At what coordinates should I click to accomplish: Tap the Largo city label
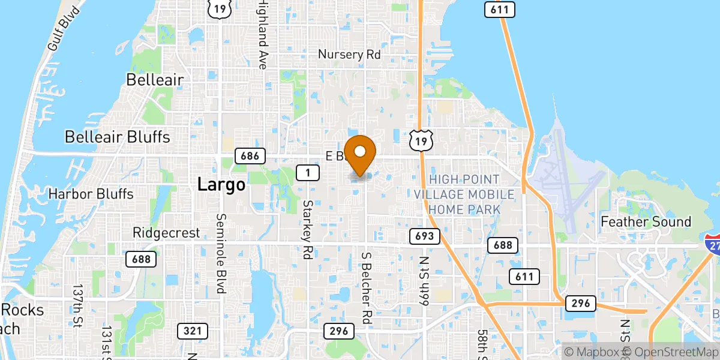click(x=221, y=185)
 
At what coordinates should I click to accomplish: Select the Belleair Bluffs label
click(x=117, y=137)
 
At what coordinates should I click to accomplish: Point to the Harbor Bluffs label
click(x=91, y=194)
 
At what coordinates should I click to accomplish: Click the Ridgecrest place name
click(x=166, y=233)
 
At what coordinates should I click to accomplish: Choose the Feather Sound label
click(x=646, y=222)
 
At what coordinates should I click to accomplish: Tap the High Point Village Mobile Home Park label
click(x=464, y=194)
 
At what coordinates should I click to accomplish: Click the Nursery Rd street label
click(x=349, y=55)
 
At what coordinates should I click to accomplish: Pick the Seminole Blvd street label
click(x=221, y=253)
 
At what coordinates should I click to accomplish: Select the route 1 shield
click(x=307, y=173)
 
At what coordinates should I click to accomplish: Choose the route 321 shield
click(x=193, y=331)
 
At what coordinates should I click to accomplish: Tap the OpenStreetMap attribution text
click(x=673, y=352)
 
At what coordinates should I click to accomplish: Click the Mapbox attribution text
click(x=592, y=352)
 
